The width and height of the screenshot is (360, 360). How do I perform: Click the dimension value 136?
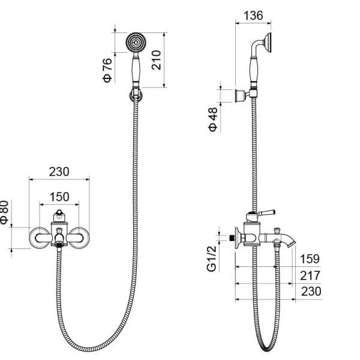(253, 16)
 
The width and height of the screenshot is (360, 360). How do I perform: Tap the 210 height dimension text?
(157, 60)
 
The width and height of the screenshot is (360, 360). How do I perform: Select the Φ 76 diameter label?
(107, 70)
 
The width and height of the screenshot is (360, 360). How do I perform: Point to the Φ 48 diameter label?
(213, 119)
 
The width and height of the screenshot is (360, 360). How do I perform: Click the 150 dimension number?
(59, 197)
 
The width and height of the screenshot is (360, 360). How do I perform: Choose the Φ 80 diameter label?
(4, 212)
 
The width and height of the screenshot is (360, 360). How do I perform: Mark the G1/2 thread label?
(212, 259)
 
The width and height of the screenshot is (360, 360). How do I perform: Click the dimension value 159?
(310, 259)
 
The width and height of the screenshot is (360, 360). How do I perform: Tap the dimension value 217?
(310, 275)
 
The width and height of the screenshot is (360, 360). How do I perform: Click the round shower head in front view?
(136, 43)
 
